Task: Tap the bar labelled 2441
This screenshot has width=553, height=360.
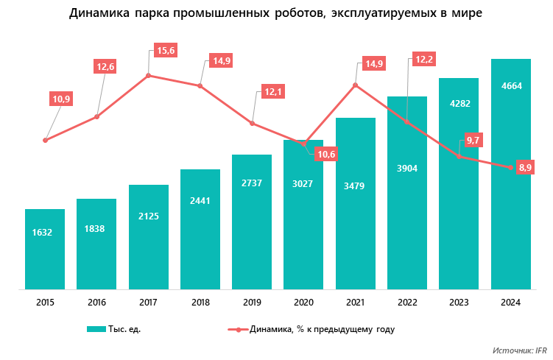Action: tap(200, 229)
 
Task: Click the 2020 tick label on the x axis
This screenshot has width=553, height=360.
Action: tap(303, 302)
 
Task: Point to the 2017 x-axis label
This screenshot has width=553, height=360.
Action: tap(148, 302)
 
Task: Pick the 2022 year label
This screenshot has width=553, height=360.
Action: tap(407, 302)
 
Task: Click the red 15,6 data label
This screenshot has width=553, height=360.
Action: tap(166, 51)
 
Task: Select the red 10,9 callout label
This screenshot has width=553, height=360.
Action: tap(62, 99)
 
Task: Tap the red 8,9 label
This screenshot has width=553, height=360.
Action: tap(526, 169)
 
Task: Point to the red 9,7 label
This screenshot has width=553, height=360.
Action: tap(474, 140)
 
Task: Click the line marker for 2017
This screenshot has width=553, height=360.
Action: tap(149, 75)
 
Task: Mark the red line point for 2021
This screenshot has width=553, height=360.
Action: tap(356, 85)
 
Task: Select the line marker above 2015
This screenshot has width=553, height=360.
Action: tap(45, 140)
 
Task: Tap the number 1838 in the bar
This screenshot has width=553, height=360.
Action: tap(96, 228)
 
